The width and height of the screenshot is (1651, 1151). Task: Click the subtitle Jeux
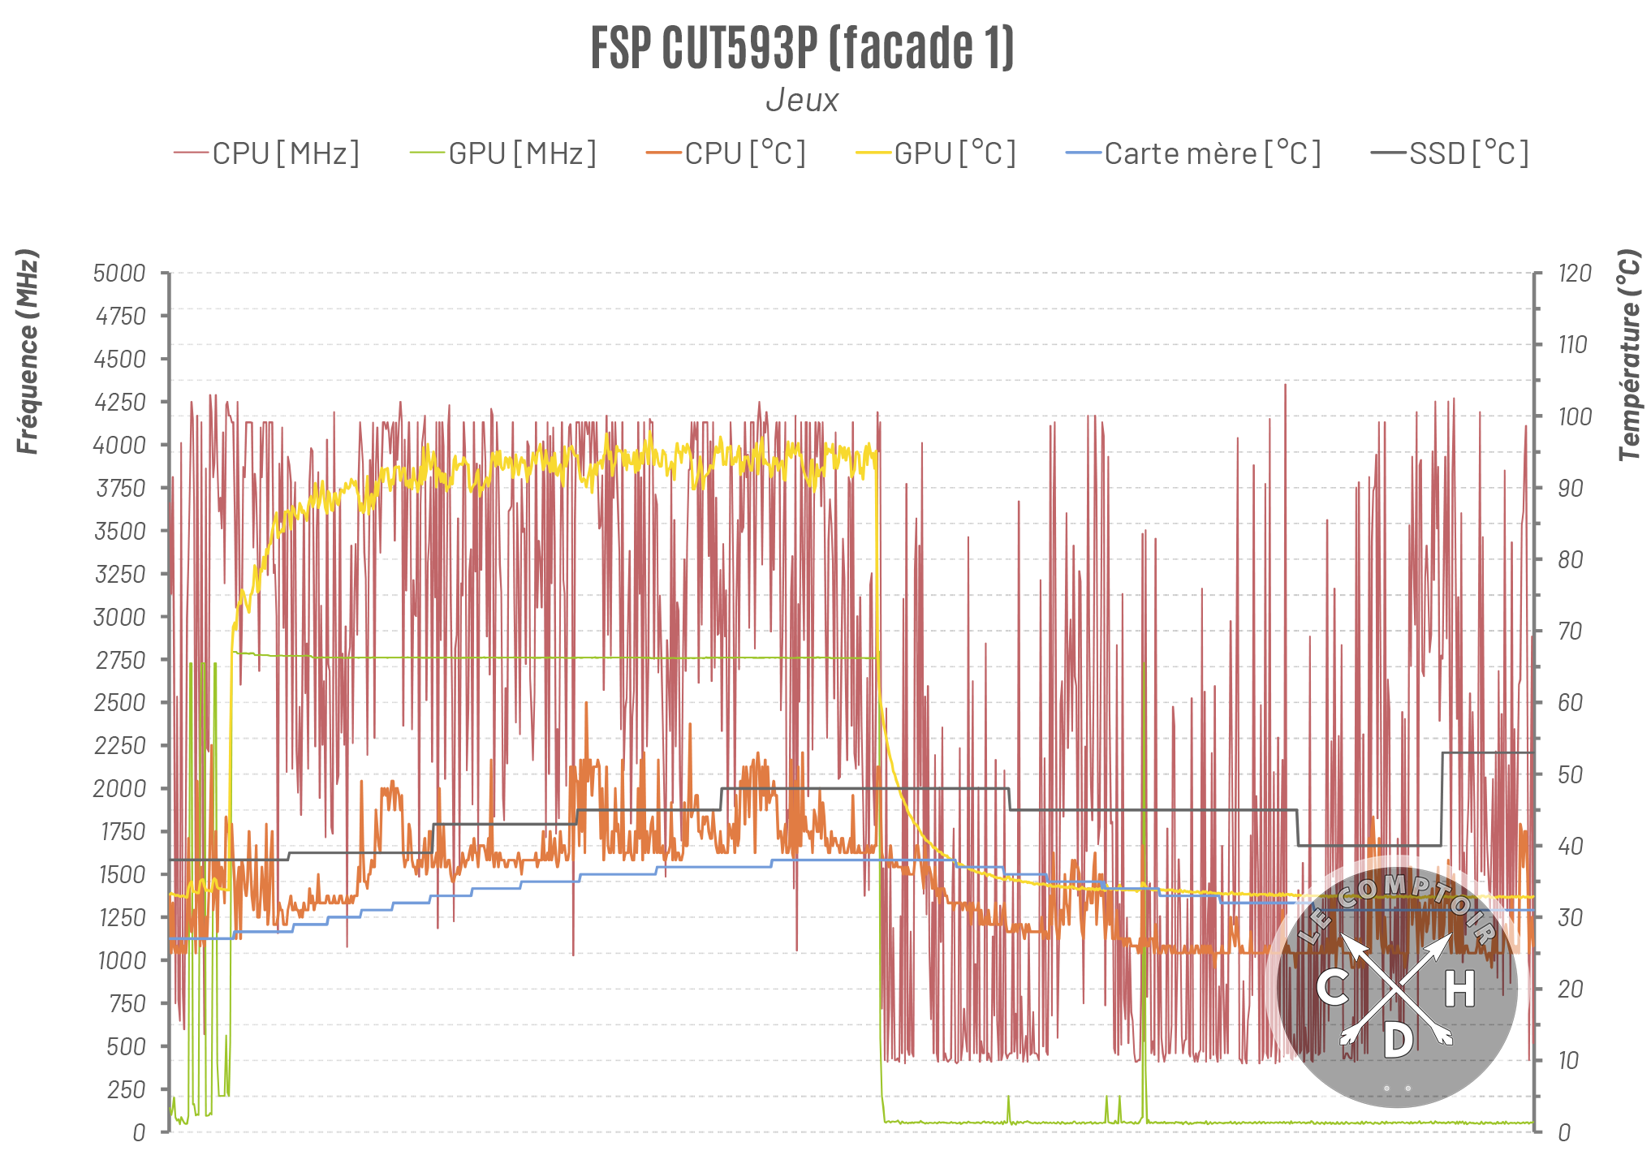pyautogui.click(x=802, y=100)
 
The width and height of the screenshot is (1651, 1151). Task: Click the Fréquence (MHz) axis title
pyautogui.click(x=28, y=351)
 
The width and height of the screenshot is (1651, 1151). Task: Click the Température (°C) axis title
pyautogui.click(x=1629, y=356)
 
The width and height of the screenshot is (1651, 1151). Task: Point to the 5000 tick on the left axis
pyautogui.click(x=119, y=274)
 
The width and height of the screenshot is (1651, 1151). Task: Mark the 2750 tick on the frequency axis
pyautogui.click(x=120, y=661)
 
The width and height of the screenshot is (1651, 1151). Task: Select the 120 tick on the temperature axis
pyautogui.click(x=1575, y=274)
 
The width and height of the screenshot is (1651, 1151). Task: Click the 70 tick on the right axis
pyautogui.click(x=1571, y=632)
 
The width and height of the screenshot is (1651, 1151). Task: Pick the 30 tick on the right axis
pyautogui.click(x=1571, y=918)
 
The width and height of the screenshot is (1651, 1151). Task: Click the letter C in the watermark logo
pyautogui.click(x=1332, y=988)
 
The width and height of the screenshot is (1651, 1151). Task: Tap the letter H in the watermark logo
pyautogui.click(x=1459, y=989)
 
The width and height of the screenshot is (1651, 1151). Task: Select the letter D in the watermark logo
pyautogui.click(x=1398, y=1040)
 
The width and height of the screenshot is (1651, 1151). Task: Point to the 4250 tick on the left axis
pyautogui.click(x=120, y=403)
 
